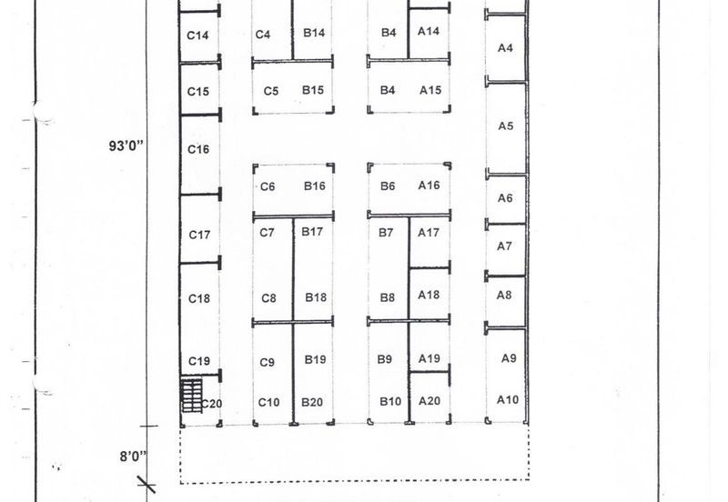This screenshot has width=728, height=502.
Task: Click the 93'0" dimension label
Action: click(126, 146)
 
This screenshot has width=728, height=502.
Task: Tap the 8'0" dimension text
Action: click(133, 457)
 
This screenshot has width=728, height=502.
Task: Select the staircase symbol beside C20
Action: click(191, 396)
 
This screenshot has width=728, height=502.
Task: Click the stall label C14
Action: click(197, 35)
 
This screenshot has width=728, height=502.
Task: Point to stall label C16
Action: click(198, 149)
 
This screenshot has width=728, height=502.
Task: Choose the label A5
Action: click(506, 125)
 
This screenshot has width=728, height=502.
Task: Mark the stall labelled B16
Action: click(314, 186)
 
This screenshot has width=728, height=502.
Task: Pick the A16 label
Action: click(429, 186)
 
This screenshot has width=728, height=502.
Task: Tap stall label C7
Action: click(267, 233)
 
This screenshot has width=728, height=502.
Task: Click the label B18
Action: click(316, 297)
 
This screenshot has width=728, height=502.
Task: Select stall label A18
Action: click(429, 295)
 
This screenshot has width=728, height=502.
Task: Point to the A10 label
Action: click(508, 399)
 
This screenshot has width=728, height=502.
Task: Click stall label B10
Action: click(390, 401)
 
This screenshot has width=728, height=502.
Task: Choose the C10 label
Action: click(268, 402)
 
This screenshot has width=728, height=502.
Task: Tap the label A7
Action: click(505, 246)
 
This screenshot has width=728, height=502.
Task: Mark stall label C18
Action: click(199, 298)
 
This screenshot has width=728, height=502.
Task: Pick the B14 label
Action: click(314, 33)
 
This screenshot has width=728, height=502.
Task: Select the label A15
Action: click(430, 90)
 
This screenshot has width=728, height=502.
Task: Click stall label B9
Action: click(384, 359)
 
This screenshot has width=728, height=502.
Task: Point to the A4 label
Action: click(505, 48)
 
